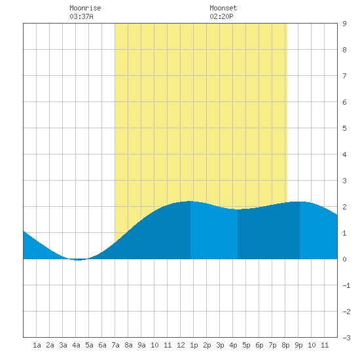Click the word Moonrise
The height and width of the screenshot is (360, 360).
coord(85,8)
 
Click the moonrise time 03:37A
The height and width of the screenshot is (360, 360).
coord(81,16)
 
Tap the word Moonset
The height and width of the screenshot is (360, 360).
coord(223,8)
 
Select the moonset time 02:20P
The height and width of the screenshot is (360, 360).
coord(221,16)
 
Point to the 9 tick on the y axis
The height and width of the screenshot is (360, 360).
coord(344,24)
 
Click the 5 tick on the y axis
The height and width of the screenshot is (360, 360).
coord(344,128)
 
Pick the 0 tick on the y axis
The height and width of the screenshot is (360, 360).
coord(344,259)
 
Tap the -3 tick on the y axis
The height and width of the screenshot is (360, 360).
coord(346,338)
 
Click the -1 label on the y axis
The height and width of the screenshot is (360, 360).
coord(346,285)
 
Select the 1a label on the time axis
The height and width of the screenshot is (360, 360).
coord(37,345)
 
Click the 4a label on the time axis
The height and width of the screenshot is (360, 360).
coord(76,345)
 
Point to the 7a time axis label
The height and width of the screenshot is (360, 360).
coord(115,345)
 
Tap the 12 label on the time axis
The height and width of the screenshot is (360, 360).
coord(181,345)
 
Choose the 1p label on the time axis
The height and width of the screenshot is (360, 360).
coord(194,345)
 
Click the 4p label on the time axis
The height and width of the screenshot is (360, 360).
coord(233,345)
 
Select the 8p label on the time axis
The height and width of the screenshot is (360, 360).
coord(285,345)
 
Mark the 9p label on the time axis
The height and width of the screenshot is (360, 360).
coord(298,345)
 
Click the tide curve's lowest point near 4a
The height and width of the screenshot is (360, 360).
coord(78,260)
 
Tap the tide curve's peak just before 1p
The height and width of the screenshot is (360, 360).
coord(190,202)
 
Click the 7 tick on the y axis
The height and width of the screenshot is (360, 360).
coord(344,76)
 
